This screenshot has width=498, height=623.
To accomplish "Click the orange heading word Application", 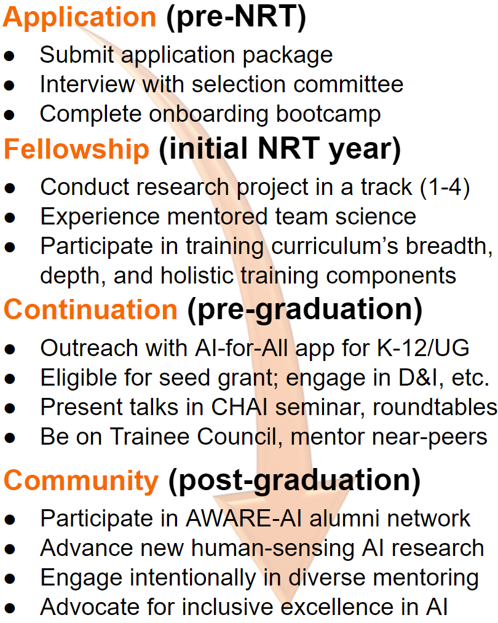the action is coord(80,17).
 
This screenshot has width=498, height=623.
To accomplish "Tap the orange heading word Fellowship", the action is coord(77,149).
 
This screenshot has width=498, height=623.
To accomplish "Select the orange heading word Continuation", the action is coord(90,309).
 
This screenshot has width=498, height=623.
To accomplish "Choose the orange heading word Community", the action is coord(81,481).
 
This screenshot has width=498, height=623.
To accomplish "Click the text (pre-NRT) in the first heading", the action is coord(236,17).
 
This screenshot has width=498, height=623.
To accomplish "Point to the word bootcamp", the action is coord(328,114).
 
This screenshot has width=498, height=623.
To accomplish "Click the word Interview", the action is coord(87,85).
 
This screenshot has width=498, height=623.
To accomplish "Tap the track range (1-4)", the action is coord(445,187).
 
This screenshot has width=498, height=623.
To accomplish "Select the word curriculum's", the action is coord(335,247).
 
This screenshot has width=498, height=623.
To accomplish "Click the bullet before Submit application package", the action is coord(10,56).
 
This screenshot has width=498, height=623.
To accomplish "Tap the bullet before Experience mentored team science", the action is coord(10,218).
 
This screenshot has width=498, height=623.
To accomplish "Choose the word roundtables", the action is coord(435,407).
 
